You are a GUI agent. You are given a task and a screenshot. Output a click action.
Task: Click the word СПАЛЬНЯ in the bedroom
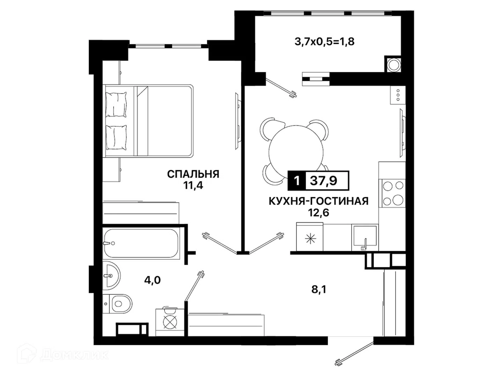click(193, 174)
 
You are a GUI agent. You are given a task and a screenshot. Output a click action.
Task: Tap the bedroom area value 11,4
click(193, 185)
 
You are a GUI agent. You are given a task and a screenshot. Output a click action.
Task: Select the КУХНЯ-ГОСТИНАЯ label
click(319, 201)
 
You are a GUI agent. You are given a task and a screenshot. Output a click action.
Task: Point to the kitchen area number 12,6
click(319, 213)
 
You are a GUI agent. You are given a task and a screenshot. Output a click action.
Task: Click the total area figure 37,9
click(323, 181)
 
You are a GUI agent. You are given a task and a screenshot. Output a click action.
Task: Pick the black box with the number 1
click(297, 181)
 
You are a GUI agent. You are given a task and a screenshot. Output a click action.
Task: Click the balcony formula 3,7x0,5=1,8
click(325, 42)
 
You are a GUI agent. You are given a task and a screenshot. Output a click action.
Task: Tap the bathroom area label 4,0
click(152, 280)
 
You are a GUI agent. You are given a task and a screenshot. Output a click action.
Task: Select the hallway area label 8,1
click(319, 290)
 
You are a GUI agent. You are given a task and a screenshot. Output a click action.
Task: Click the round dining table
click(296, 152)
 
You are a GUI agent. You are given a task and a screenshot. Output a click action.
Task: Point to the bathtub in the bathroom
click(141, 243)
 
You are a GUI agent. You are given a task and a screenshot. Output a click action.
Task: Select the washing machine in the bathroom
click(170, 322)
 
